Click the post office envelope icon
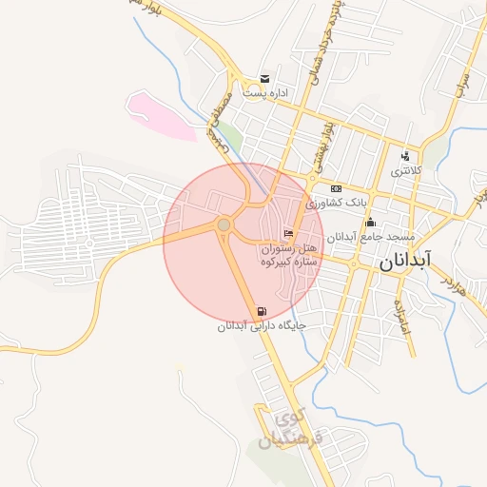[x=264, y=78]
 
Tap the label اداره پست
[x=264, y=93]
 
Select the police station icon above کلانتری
[x=404, y=156]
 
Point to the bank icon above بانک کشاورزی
[x=336, y=188]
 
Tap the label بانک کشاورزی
[x=335, y=203]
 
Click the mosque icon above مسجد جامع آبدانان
[x=370, y=223]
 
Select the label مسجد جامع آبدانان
[x=360, y=237]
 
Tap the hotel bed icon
[x=288, y=234]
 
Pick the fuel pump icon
[x=261, y=311]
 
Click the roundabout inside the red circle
[x=224, y=225]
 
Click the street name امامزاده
[x=403, y=314]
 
